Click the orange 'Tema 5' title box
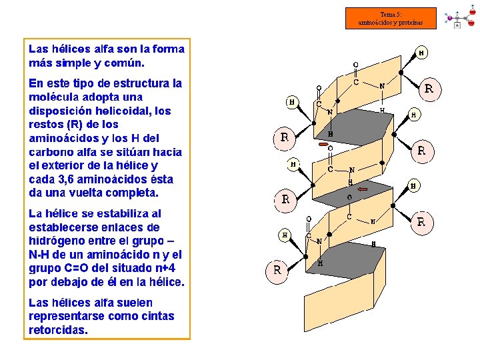click(x=391, y=18)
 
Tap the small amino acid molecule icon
click(x=460, y=16)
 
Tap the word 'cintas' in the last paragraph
click(x=157, y=316)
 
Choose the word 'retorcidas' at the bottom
click(x=57, y=330)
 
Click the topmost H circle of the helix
click(x=422, y=53)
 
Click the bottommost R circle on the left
click(x=277, y=270)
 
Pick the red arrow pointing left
click(x=363, y=189)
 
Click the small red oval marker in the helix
click(x=324, y=143)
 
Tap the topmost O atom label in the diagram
click(x=356, y=65)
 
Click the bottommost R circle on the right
click(x=420, y=221)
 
